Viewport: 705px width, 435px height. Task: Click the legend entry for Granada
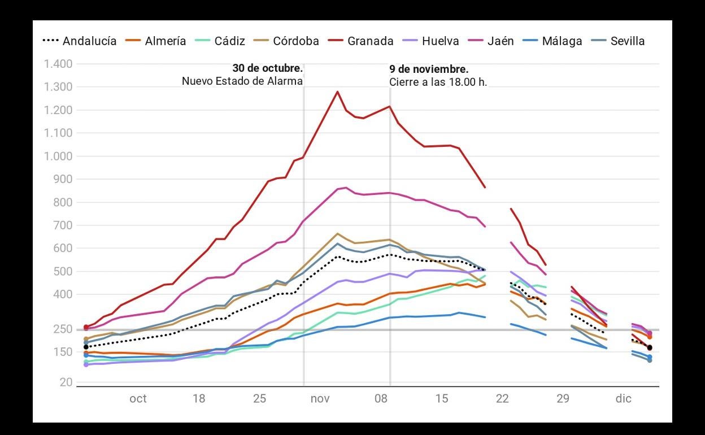(x=370, y=41)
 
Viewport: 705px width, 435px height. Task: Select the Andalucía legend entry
(x=89, y=41)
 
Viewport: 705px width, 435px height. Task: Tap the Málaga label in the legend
(x=562, y=41)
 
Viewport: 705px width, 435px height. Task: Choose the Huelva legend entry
(x=440, y=41)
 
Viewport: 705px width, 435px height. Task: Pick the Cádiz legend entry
(x=229, y=41)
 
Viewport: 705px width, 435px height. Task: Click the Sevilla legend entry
(x=627, y=41)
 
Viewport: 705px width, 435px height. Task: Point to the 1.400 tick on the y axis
(x=58, y=64)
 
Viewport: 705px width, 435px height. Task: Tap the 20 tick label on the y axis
(x=66, y=382)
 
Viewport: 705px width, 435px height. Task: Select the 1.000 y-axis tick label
(x=58, y=156)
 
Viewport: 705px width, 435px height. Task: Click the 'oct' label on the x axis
(x=138, y=399)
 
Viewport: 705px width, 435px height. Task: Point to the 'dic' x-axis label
(x=624, y=399)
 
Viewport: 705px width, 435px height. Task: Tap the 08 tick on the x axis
(x=381, y=399)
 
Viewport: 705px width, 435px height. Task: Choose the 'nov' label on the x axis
(x=320, y=399)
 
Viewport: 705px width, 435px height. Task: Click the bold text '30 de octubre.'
(x=267, y=69)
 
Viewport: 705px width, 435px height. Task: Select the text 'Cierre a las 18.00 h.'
(x=438, y=82)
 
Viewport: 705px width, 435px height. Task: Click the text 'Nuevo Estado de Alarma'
(x=242, y=81)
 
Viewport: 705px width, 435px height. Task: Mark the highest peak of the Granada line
(x=337, y=92)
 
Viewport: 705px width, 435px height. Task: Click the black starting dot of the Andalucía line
(x=86, y=347)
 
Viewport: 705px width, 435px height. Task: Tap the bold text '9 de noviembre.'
(x=429, y=69)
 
